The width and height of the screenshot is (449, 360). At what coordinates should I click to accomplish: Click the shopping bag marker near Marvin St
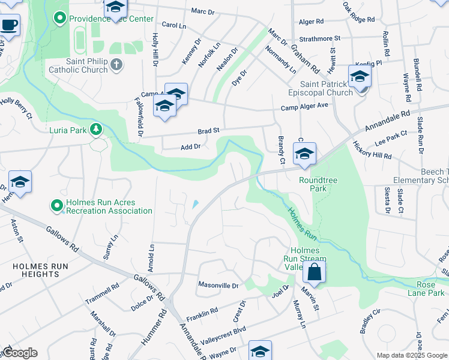(314, 273)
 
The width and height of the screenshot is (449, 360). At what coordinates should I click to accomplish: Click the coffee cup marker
(9, 26)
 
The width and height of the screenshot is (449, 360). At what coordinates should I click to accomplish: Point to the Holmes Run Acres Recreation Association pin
(57, 206)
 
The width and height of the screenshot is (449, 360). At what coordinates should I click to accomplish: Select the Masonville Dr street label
(218, 286)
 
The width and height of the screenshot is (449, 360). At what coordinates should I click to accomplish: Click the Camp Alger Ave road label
(305, 106)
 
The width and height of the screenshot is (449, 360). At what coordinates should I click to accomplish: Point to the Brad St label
(209, 130)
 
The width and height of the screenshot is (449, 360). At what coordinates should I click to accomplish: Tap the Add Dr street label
(190, 146)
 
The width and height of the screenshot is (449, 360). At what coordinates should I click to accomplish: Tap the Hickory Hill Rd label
(372, 151)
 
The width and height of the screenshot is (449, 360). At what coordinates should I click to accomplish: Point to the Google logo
(20, 353)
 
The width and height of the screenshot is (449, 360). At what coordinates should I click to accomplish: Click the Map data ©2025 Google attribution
(412, 355)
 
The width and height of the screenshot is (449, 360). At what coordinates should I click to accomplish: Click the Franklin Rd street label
(201, 313)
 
